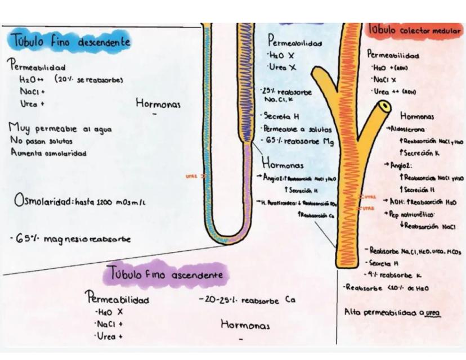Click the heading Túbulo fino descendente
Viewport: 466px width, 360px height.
click(70, 40)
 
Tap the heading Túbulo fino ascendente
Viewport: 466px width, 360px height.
click(166, 275)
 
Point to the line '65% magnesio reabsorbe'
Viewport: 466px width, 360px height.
click(70, 239)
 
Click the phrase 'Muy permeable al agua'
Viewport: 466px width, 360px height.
click(60, 129)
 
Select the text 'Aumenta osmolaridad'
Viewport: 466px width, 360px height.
click(48, 153)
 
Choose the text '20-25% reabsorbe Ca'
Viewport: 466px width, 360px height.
click(247, 300)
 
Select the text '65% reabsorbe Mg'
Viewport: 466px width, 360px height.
click(298, 141)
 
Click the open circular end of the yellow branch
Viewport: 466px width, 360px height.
click(384, 106)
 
